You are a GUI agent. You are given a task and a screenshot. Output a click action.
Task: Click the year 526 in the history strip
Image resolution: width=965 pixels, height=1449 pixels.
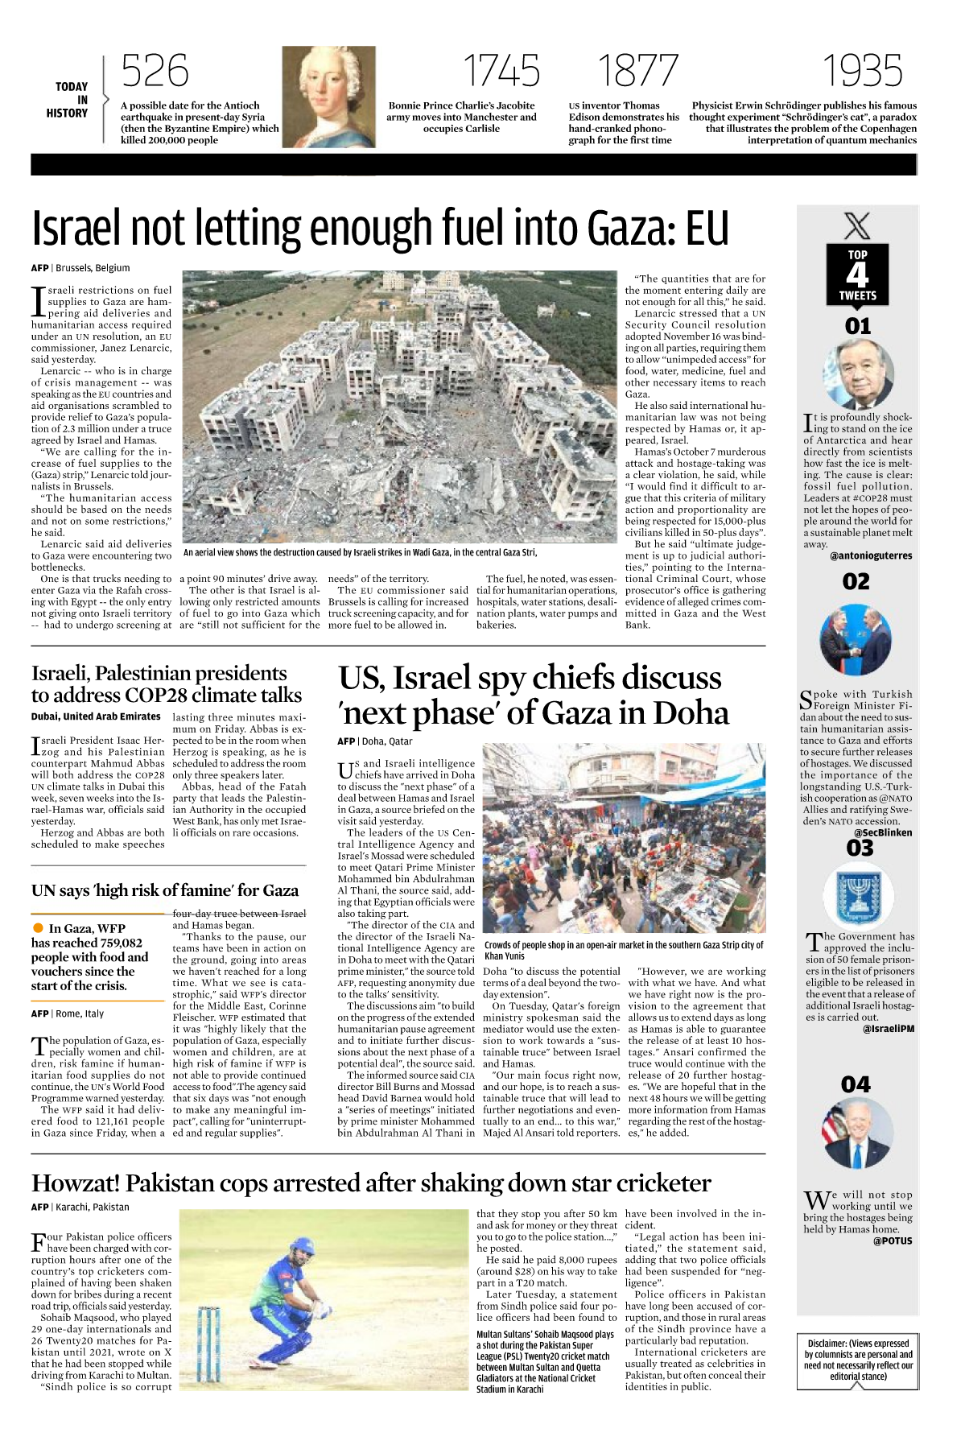155,71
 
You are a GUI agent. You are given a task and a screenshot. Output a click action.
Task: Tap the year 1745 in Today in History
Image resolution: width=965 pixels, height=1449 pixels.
501,71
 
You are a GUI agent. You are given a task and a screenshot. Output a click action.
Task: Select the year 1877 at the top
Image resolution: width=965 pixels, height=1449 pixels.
638,71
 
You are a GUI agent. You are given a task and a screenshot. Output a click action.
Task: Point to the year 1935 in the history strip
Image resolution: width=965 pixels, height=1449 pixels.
862,71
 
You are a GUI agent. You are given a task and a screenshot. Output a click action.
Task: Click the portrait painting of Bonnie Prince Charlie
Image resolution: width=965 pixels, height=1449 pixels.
329,96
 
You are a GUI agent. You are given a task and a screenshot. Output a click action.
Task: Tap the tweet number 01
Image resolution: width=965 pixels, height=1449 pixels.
858,326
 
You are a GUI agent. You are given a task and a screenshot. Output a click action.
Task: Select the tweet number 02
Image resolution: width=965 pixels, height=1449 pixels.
856,581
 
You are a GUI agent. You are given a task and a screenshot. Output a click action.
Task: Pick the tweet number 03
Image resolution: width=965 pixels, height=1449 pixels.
860,848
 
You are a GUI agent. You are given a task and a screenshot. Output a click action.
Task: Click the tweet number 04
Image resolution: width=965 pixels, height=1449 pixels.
856,1085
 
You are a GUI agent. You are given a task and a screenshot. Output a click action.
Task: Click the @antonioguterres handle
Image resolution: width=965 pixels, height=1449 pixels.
871,555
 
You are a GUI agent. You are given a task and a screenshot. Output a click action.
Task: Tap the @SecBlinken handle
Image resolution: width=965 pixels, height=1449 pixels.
883,832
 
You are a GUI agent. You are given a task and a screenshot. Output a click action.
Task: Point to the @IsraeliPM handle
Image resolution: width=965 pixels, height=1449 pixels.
889,1029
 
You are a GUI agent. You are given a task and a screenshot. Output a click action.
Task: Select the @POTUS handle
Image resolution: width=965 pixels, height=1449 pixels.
893,1241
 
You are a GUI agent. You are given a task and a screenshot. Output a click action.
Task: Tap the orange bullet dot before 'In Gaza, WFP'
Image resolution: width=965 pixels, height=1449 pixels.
38,928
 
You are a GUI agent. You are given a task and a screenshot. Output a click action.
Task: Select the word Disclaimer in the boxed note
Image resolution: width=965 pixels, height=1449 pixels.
827,1344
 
